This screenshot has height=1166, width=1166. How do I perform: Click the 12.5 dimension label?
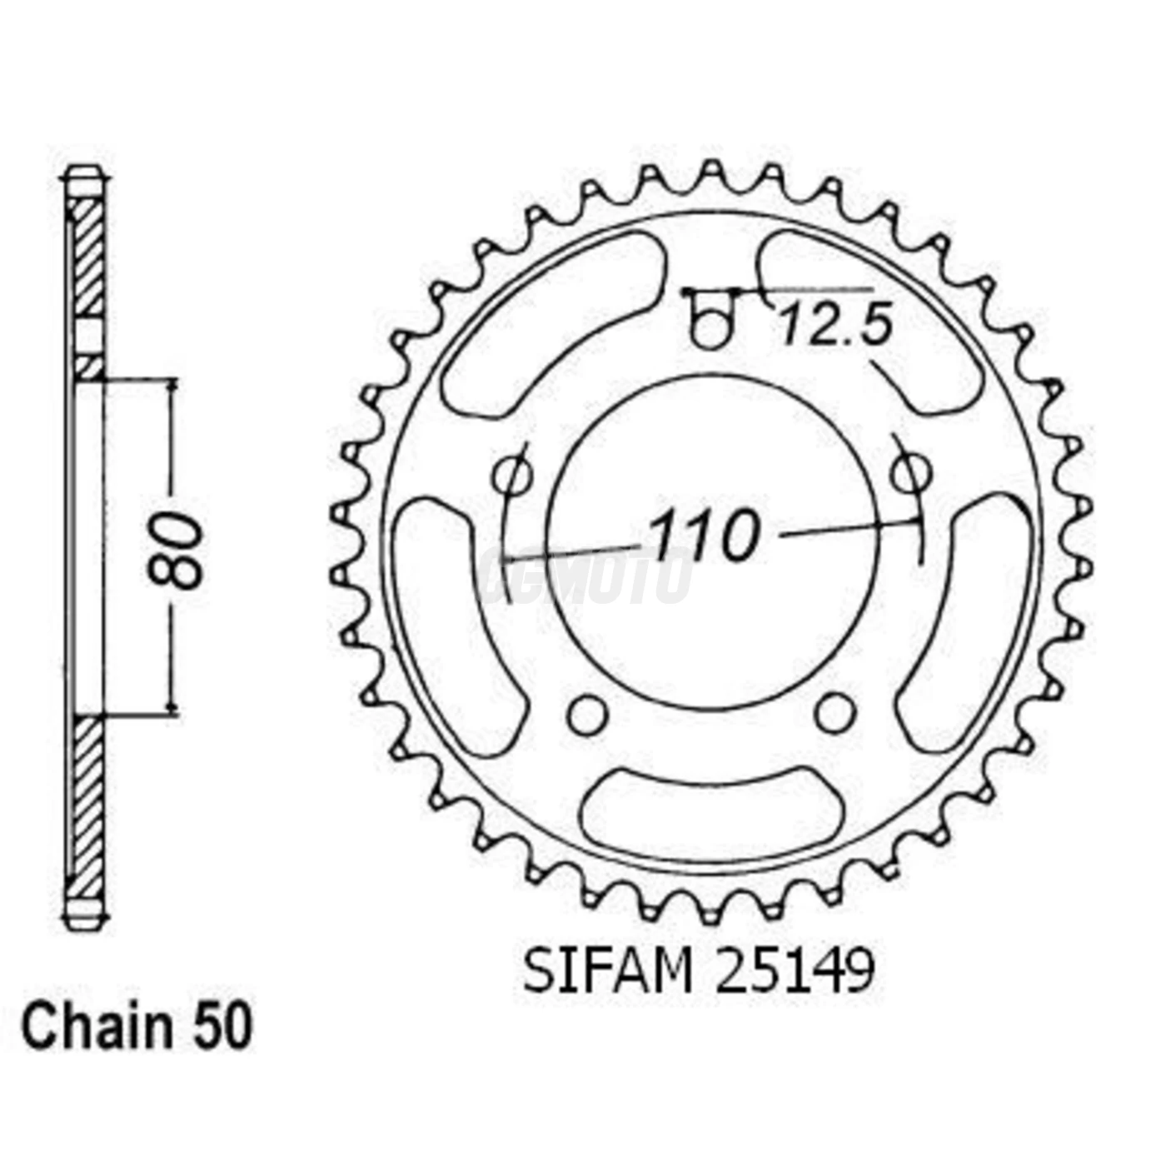[x=835, y=325]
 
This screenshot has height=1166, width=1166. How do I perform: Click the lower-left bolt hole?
[x=588, y=714]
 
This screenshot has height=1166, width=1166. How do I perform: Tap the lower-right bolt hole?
[x=834, y=712]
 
